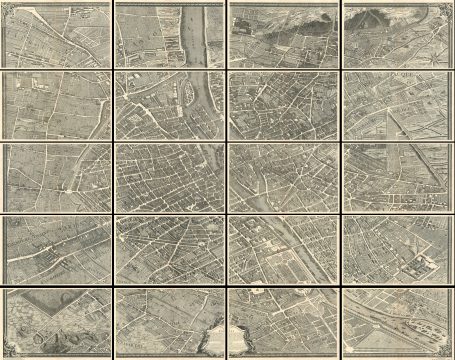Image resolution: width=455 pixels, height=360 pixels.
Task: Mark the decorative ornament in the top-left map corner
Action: coord(7,8)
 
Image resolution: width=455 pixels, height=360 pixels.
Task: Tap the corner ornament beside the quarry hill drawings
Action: coord(8,352)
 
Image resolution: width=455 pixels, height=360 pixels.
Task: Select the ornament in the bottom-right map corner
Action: coord(447,352)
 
